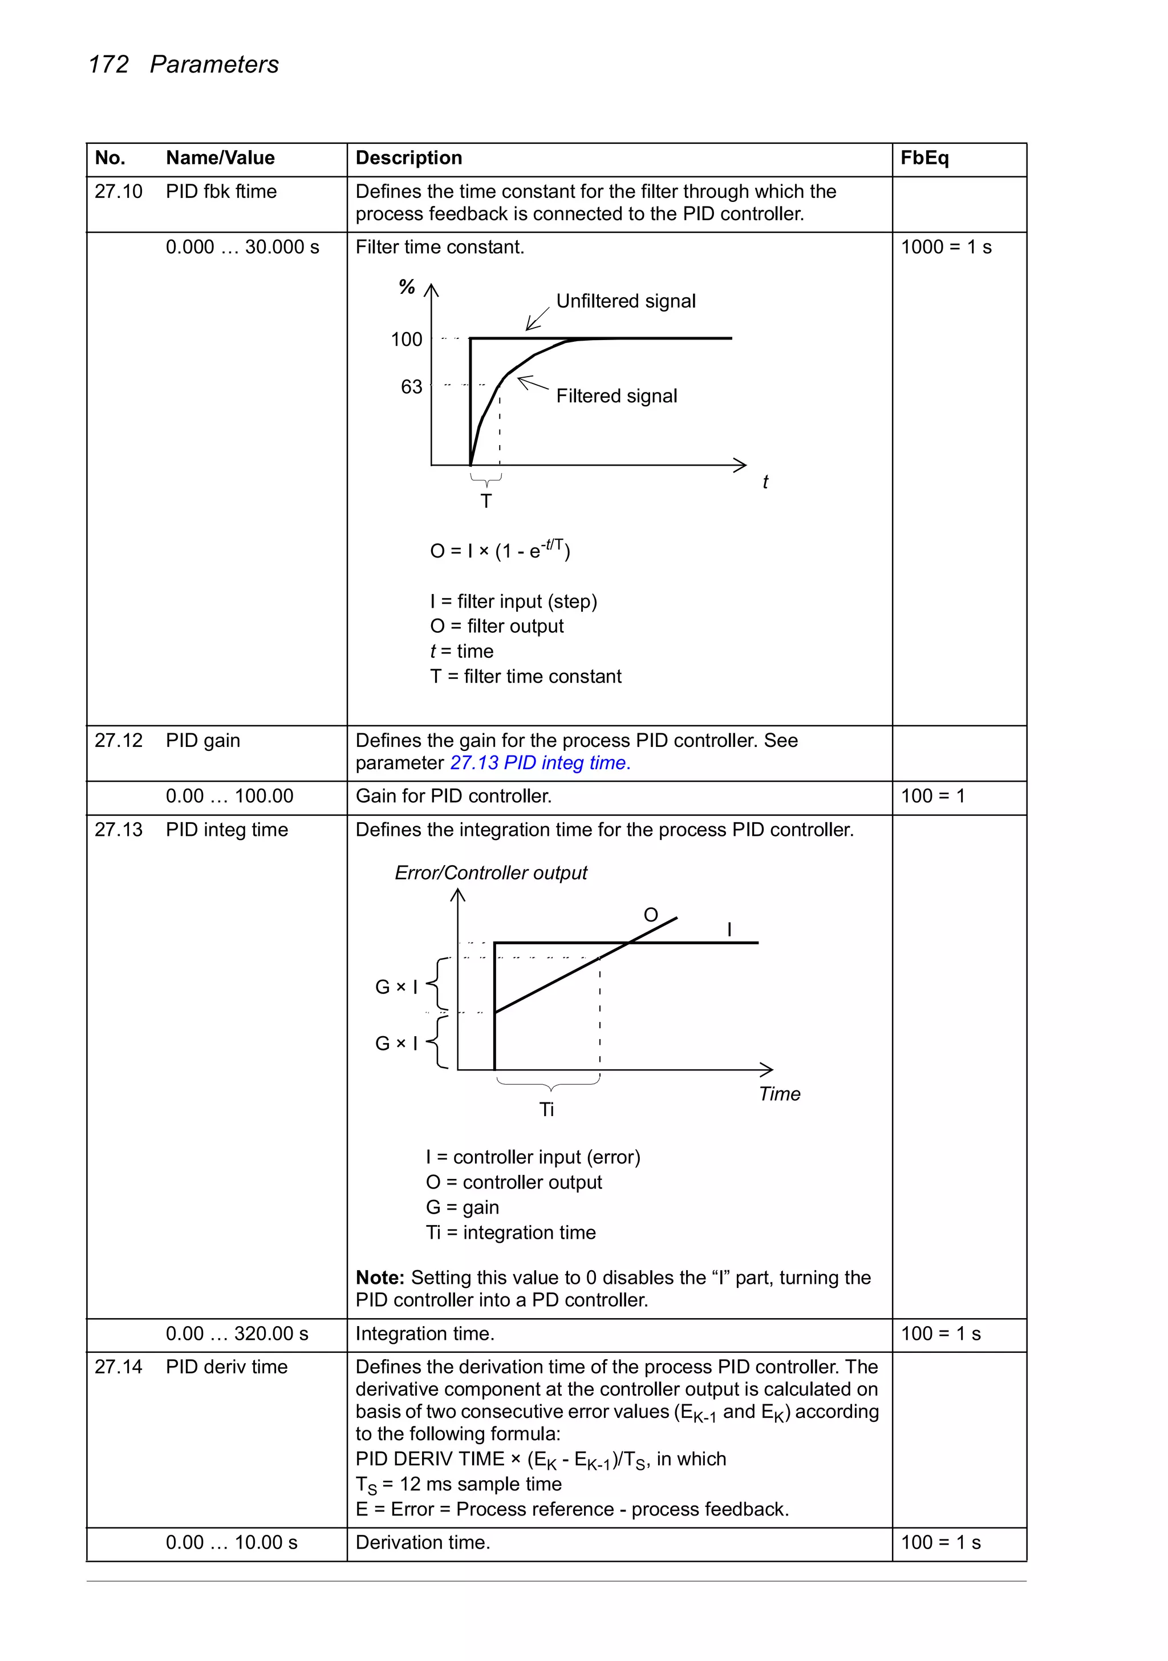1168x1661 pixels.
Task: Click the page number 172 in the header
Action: point(108,64)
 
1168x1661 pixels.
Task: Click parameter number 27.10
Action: point(118,192)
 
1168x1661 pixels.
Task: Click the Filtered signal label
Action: point(616,397)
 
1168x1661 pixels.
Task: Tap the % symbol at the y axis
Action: point(407,287)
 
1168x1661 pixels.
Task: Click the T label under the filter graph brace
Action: point(486,500)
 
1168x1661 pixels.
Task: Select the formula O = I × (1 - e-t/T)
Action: point(500,551)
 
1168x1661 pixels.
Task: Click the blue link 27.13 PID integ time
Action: point(540,763)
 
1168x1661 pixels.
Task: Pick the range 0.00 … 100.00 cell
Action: point(229,797)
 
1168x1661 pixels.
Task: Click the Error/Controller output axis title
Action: point(490,873)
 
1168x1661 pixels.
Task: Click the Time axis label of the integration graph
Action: point(779,1094)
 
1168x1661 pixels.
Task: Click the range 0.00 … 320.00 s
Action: point(237,1334)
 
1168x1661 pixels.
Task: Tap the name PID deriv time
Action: point(226,1367)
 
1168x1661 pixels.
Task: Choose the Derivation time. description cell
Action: point(423,1543)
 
